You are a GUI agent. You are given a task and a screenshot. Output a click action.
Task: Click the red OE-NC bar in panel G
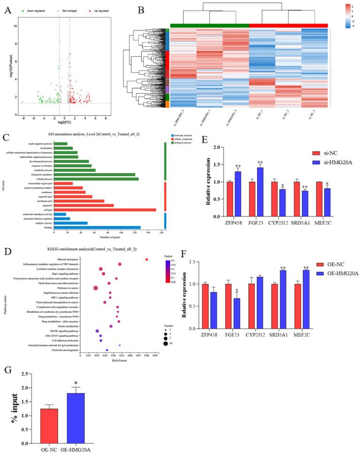coord(50,418)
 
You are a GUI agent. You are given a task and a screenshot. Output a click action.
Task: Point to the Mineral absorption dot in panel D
coord(146,259)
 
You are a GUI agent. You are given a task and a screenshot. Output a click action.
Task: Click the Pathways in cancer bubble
coord(96,288)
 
